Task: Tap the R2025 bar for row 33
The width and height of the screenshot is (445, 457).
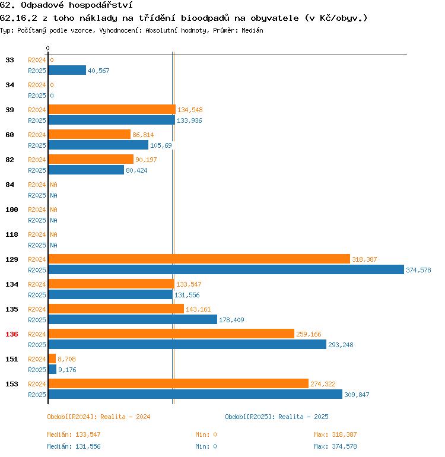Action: point(67,70)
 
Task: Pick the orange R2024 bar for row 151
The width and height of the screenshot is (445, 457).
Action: point(52,358)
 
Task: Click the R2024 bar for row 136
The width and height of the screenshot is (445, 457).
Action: point(171,334)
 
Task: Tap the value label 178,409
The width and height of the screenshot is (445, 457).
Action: point(231,320)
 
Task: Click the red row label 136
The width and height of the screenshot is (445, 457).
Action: point(12,334)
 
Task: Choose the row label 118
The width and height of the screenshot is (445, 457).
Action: point(12,234)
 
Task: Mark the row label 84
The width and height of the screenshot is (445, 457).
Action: point(10,185)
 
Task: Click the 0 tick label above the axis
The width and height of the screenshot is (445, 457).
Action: point(48,48)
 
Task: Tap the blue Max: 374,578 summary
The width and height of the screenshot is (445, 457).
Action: point(335,446)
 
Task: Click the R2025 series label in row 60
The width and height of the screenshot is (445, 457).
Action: point(37,145)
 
